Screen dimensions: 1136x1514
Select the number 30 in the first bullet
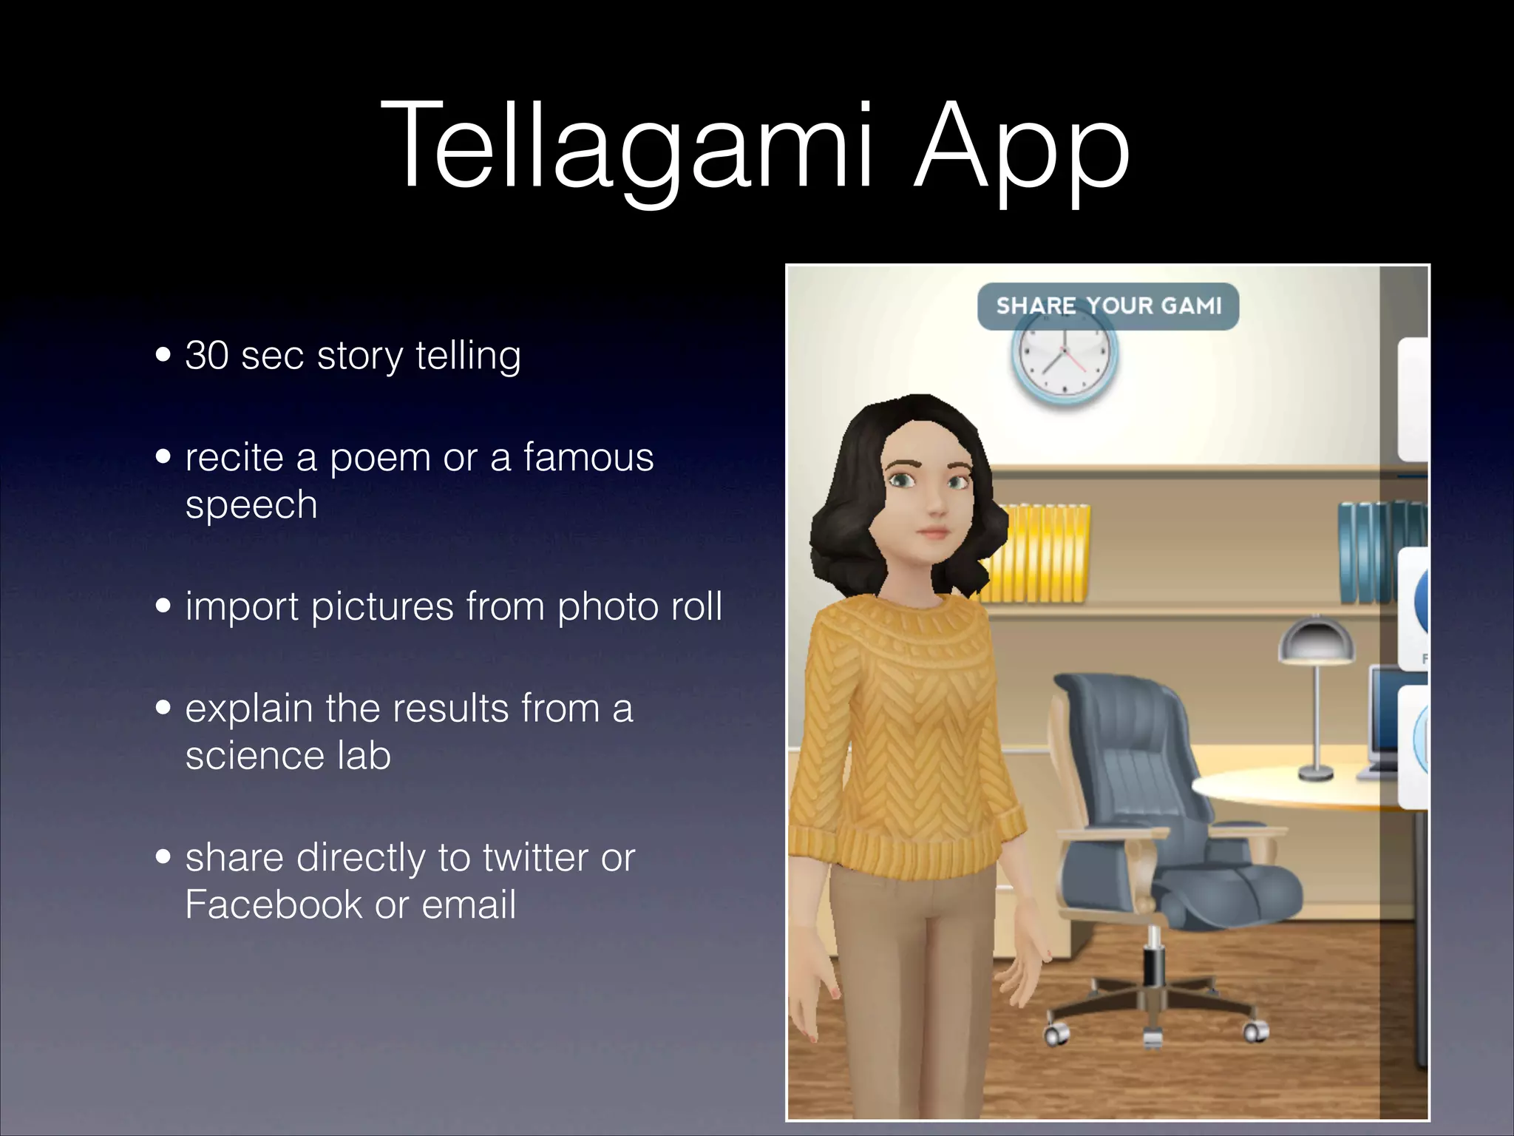tap(207, 355)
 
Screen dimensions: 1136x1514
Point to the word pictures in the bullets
tap(381, 606)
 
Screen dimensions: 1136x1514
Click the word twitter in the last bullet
tap(535, 858)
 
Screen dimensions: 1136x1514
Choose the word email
tap(469, 905)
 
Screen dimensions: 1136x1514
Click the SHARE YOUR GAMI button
tap(1107, 306)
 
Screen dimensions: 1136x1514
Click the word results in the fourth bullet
tap(451, 709)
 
